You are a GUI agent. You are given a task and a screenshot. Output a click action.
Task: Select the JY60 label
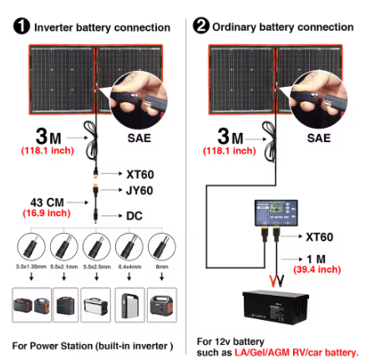(142, 190)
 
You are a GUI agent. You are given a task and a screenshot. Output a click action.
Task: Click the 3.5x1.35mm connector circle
(29, 247)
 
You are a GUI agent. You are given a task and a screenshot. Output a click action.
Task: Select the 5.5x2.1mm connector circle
(64, 247)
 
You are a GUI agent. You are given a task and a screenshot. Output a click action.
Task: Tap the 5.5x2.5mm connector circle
(98, 247)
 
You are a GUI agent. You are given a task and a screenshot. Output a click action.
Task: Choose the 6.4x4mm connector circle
(131, 247)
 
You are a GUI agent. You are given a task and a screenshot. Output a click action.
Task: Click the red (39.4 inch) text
(317, 271)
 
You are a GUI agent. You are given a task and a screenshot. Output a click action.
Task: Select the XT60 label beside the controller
(326, 237)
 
